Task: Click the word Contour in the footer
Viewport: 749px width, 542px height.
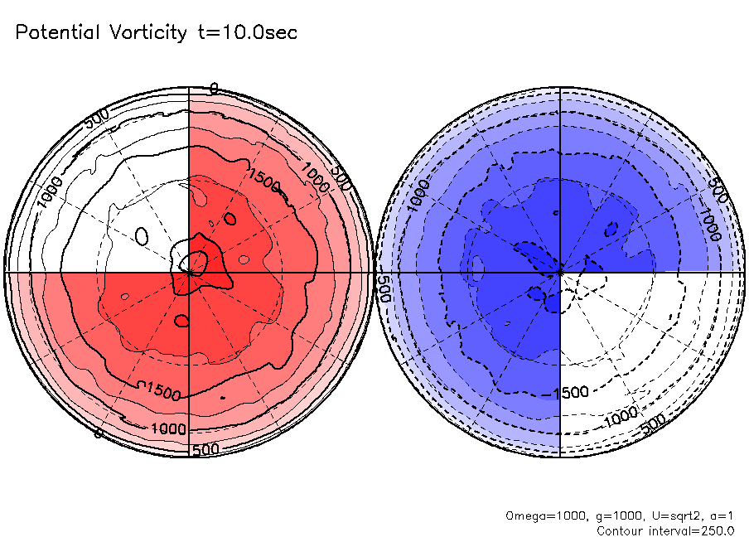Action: (x=623, y=530)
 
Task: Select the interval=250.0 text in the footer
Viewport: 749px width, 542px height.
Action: (x=693, y=530)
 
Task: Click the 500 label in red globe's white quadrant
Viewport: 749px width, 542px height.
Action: (x=97, y=119)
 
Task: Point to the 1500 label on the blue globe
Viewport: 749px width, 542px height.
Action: (x=573, y=391)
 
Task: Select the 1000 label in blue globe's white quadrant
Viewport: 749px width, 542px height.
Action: (x=621, y=414)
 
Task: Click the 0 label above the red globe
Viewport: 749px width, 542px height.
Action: (x=214, y=88)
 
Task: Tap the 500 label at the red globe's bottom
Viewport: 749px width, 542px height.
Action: (x=205, y=448)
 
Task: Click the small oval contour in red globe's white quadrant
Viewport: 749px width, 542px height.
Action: (x=142, y=237)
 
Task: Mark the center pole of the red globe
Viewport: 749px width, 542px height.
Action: (x=190, y=271)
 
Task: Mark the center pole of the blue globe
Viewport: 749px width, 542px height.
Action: (x=561, y=271)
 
